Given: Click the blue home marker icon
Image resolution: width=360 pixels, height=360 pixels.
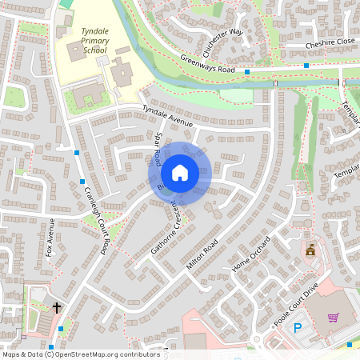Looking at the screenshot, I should click(x=180, y=173).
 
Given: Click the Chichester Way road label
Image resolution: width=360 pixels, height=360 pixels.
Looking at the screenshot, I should click(x=222, y=42).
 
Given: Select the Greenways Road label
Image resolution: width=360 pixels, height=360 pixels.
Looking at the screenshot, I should click(x=207, y=63).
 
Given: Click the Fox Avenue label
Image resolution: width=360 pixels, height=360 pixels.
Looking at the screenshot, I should click(x=51, y=238).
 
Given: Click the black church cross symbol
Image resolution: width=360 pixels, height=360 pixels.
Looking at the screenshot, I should click(x=57, y=307).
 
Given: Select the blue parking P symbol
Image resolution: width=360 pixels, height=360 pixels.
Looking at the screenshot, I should click(x=298, y=327).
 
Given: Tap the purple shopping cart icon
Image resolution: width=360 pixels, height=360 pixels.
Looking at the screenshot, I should click(x=333, y=318).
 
